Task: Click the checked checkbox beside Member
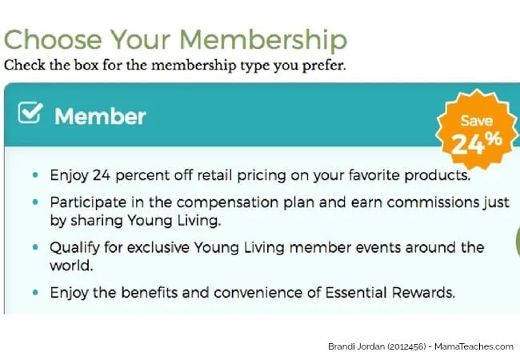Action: pyautogui.click(x=30, y=113)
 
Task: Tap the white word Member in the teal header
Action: pyautogui.click(x=100, y=116)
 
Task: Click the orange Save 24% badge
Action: pyautogui.click(x=477, y=130)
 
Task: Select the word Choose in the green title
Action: pyautogui.click(x=52, y=40)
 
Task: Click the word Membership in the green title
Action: pyautogui.click(x=263, y=41)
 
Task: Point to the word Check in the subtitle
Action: pyautogui.click(x=24, y=65)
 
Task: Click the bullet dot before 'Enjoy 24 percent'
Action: pyautogui.click(x=35, y=175)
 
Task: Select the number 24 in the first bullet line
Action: pyautogui.click(x=101, y=175)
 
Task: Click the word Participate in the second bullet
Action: pyautogui.click(x=88, y=202)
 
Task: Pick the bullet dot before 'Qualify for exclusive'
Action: pyautogui.click(x=35, y=247)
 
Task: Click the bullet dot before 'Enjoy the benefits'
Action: pyautogui.click(x=35, y=292)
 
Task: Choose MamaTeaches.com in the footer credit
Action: pyautogui.click(x=474, y=346)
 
